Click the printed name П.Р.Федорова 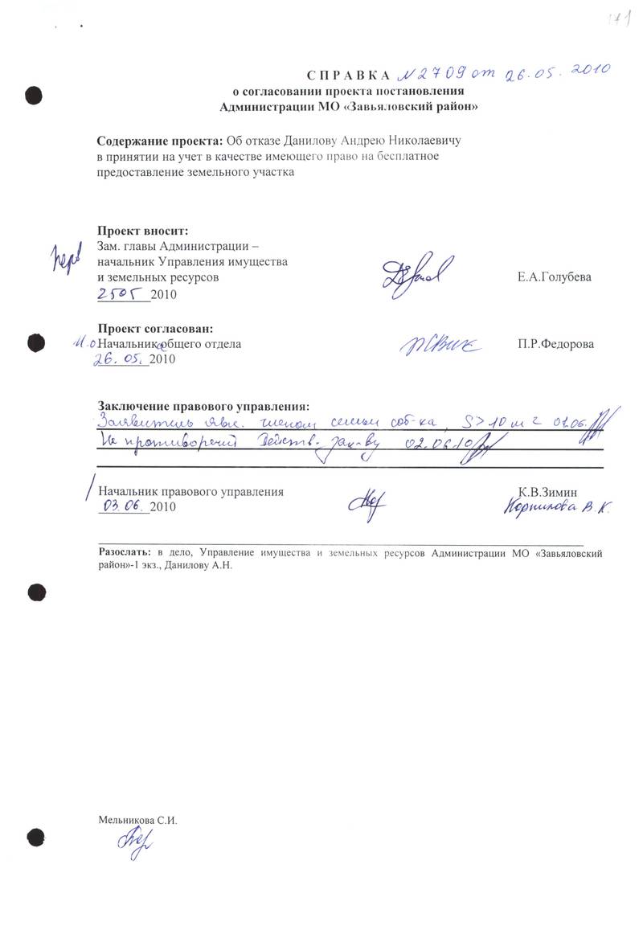point(556,345)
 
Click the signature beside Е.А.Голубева point(417,273)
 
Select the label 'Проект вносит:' point(142,231)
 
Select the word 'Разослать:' point(124,553)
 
